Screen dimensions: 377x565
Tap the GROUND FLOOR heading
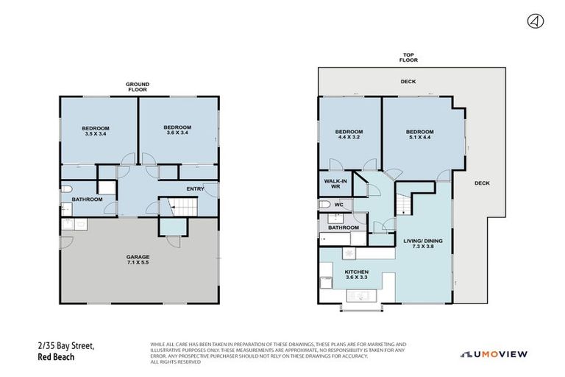coord(138,86)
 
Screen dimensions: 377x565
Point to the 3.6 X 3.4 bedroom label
coord(177,130)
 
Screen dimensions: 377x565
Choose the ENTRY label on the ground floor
coord(195,188)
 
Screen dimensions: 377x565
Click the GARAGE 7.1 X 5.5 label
coord(138,259)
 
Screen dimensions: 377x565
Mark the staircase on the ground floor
coord(175,208)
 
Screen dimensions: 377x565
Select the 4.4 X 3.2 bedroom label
coord(349,134)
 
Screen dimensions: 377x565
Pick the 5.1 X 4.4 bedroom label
coord(420,134)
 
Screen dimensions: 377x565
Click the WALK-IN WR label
coord(335,183)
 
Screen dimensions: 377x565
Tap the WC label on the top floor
coord(338,204)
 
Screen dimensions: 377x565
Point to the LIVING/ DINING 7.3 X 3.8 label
coord(422,244)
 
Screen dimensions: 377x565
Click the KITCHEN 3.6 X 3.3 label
coord(356,274)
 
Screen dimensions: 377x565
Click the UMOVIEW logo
coord(494,354)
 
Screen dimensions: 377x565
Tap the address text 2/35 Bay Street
coord(67,345)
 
